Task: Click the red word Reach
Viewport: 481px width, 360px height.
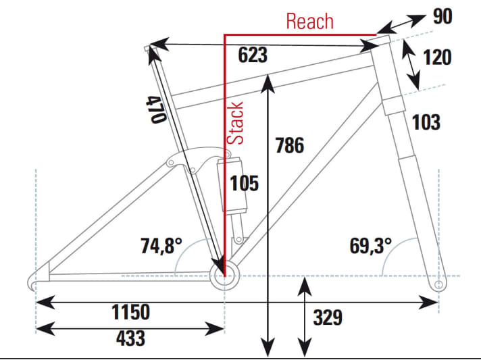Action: (x=309, y=21)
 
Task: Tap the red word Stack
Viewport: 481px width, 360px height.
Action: (x=236, y=122)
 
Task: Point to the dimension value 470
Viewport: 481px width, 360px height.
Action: (x=155, y=108)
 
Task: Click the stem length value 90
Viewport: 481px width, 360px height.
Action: (x=442, y=16)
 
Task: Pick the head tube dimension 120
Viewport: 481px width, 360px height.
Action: (x=437, y=57)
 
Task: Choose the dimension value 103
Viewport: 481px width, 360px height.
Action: (x=426, y=122)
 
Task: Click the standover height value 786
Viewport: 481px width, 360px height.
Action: (x=290, y=145)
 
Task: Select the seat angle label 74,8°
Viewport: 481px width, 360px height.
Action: (x=160, y=246)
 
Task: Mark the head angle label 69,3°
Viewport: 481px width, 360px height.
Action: (x=371, y=246)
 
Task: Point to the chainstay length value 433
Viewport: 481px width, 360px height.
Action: (x=130, y=337)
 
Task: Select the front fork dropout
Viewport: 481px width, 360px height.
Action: (x=438, y=285)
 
